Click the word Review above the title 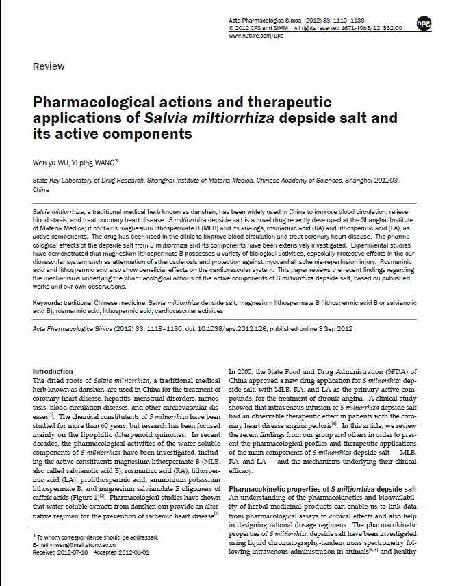tap(49, 66)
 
